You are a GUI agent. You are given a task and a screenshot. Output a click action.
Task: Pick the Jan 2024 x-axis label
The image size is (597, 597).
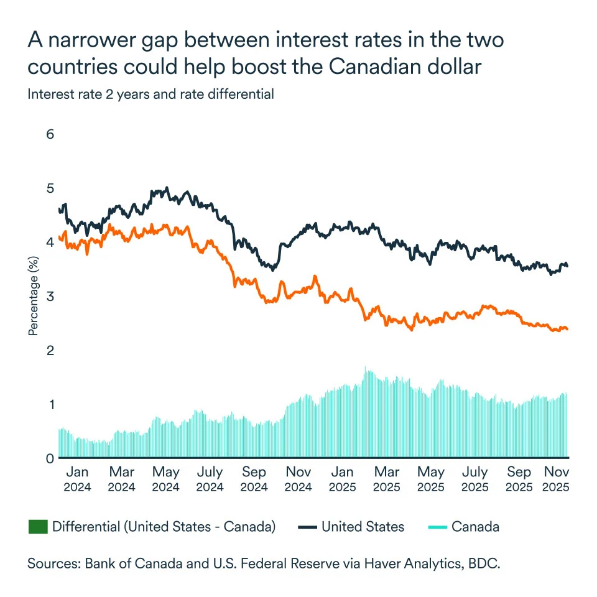coord(77,479)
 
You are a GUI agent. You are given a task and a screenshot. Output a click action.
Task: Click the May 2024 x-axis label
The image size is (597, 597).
coord(165,479)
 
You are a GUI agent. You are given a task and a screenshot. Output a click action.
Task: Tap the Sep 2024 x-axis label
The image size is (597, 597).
coord(253,479)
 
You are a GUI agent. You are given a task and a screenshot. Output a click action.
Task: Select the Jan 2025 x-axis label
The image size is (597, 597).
coord(343,479)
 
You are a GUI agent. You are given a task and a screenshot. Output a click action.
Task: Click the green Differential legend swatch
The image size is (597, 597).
coord(38,527)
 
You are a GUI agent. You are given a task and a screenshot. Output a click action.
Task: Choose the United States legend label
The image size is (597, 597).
coord(363,527)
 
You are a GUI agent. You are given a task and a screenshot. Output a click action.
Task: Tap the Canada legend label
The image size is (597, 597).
coord(475,527)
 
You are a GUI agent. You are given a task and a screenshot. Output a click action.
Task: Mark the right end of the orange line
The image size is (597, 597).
coord(568,329)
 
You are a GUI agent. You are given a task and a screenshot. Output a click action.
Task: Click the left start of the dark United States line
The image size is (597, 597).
coord(59,210)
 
